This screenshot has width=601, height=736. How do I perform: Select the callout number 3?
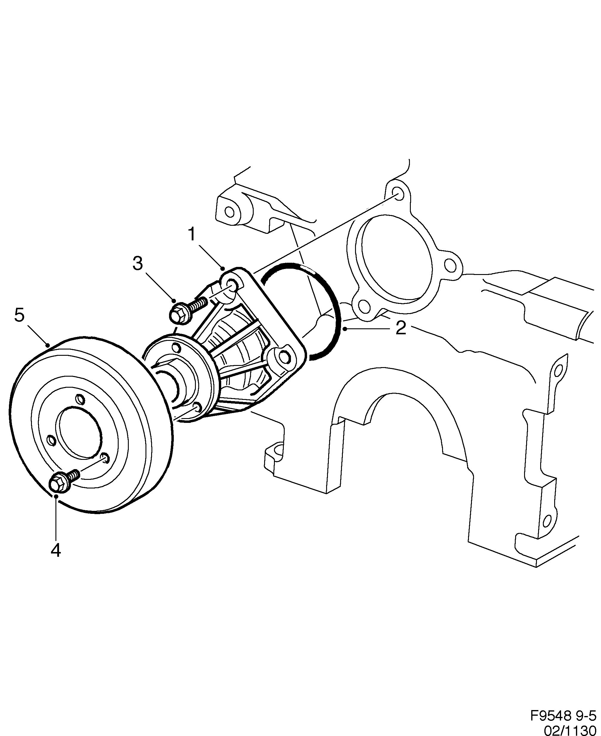[x=137, y=263]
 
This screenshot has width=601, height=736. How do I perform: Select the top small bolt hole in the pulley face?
[x=80, y=399]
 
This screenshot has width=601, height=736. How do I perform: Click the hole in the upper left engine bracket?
[x=228, y=211]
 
